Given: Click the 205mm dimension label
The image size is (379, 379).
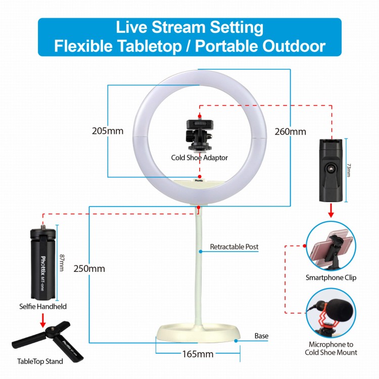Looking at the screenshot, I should click(108, 131).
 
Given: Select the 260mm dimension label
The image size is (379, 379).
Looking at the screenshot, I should click(290, 132).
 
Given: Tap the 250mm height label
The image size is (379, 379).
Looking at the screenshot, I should click(89, 268).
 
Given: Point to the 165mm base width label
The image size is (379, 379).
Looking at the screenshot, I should click(198, 354).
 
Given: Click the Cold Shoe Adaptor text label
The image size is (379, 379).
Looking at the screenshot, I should click(199, 158).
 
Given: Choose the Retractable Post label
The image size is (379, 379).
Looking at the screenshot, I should click(234, 247).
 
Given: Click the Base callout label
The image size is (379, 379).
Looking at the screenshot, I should click(261, 336).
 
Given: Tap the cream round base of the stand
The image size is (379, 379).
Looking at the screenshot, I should click(197, 334).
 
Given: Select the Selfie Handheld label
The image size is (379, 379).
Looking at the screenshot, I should click(43, 306).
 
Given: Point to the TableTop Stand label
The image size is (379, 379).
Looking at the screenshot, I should click(40, 361).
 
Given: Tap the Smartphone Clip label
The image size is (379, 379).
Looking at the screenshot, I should click(331, 277).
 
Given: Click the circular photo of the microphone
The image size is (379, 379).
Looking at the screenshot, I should click(331, 313).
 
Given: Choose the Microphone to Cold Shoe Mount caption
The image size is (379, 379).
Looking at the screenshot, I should click(331, 348).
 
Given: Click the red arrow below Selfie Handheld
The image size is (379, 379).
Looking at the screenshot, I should click(43, 319).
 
